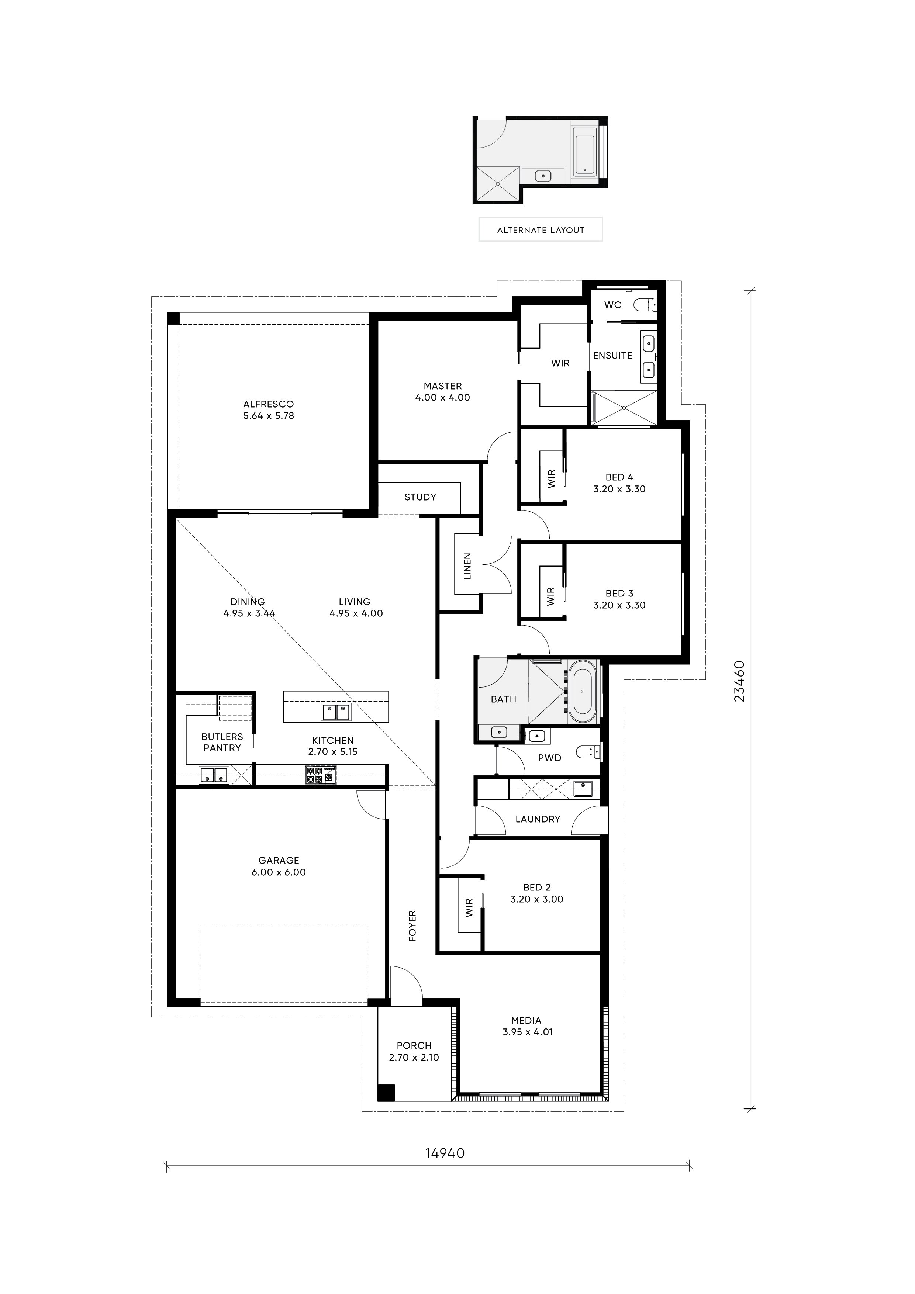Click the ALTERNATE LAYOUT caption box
[x=540, y=229]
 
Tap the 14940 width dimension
[x=445, y=1153]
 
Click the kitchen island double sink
[x=336, y=712]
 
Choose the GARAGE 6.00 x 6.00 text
[x=279, y=866]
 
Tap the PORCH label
[x=414, y=1045]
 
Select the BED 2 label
[x=537, y=887]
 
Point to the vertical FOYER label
[x=412, y=925]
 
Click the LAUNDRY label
[x=538, y=819]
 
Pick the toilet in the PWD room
[x=587, y=751]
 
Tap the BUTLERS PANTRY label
[x=222, y=742]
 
